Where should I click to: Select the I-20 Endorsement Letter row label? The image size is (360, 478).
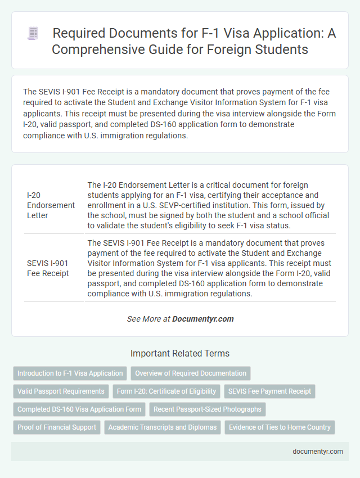click(50, 205)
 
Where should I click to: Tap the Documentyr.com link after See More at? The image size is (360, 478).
click(202, 319)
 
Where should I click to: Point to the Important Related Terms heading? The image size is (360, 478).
click(180, 354)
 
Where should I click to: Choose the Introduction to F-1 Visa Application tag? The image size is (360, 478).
click(70, 373)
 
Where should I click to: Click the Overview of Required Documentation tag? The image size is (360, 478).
click(190, 373)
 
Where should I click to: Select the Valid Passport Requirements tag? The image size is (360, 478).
click(61, 391)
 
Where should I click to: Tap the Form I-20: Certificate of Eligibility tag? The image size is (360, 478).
click(167, 391)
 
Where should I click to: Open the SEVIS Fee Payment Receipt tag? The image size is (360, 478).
click(268, 391)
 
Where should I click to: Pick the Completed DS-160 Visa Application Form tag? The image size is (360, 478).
click(79, 409)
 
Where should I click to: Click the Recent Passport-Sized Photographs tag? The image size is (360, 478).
click(207, 409)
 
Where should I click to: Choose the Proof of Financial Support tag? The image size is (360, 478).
click(57, 427)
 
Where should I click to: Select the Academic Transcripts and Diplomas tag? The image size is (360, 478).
click(163, 427)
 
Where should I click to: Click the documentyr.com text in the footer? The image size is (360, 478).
click(317, 451)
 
